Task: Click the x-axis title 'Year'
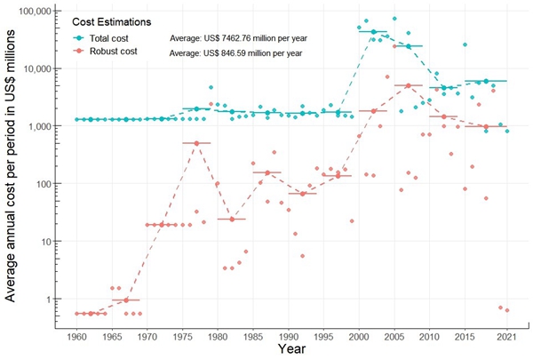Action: (x=293, y=351)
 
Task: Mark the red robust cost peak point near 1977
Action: (x=196, y=143)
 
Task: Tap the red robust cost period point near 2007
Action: (x=409, y=85)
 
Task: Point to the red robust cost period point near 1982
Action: (x=231, y=219)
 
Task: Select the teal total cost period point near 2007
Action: (x=409, y=46)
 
